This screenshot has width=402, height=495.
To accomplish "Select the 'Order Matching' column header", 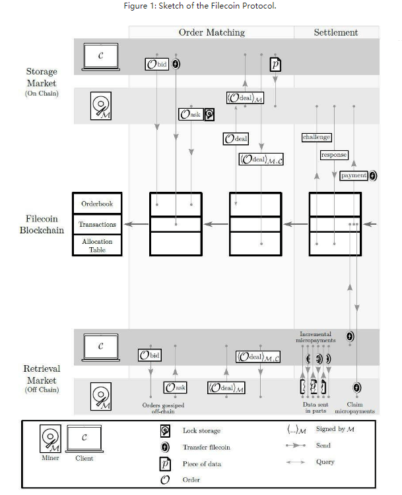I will (x=211, y=32).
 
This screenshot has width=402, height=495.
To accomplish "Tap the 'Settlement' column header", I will (x=336, y=32).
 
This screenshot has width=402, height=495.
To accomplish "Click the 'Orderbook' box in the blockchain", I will (x=97, y=204).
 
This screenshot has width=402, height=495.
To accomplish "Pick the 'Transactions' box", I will (x=97, y=225).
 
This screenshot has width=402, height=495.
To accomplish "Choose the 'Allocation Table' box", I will (x=97, y=245).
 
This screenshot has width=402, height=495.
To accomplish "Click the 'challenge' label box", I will (x=316, y=137).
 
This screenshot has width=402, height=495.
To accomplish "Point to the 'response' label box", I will (x=333, y=155).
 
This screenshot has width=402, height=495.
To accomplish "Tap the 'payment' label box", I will (x=353, y=175).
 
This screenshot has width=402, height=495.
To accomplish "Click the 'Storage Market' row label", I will (x=42, y=78).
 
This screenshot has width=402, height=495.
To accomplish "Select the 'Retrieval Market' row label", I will (x=42, y=376).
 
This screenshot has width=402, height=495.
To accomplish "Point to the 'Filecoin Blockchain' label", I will (x=42, y=224).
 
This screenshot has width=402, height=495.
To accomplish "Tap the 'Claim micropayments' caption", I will (x=355, y=408).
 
